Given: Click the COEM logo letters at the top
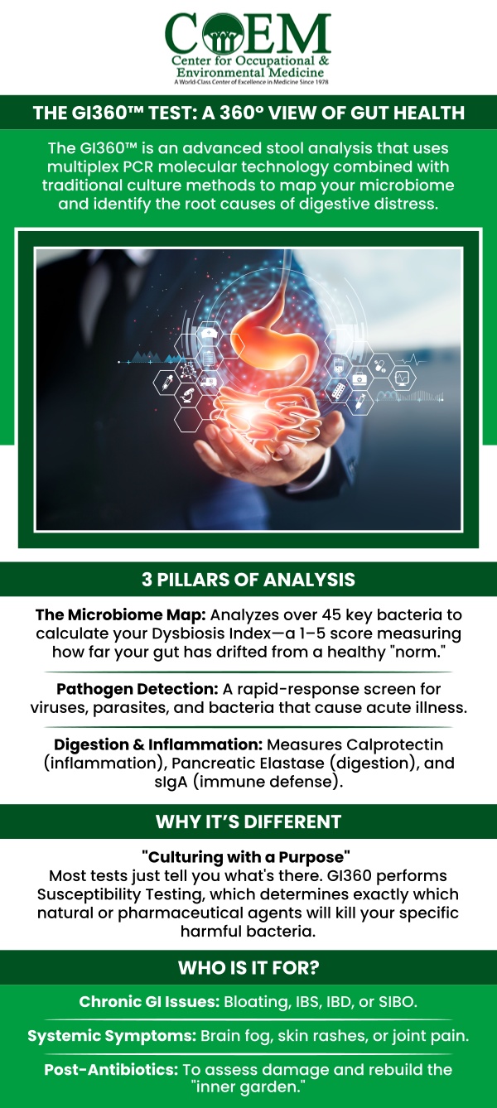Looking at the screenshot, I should pos(248,33).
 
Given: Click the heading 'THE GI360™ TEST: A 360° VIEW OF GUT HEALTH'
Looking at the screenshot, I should pos(248,113).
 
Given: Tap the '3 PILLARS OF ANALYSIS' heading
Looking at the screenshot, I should pos(248,580).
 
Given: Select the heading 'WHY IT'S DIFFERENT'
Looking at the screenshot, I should pos(248,822).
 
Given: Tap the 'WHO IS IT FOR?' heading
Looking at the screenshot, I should pos(248,968).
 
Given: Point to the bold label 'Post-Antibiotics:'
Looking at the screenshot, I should pos(111,1069).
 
